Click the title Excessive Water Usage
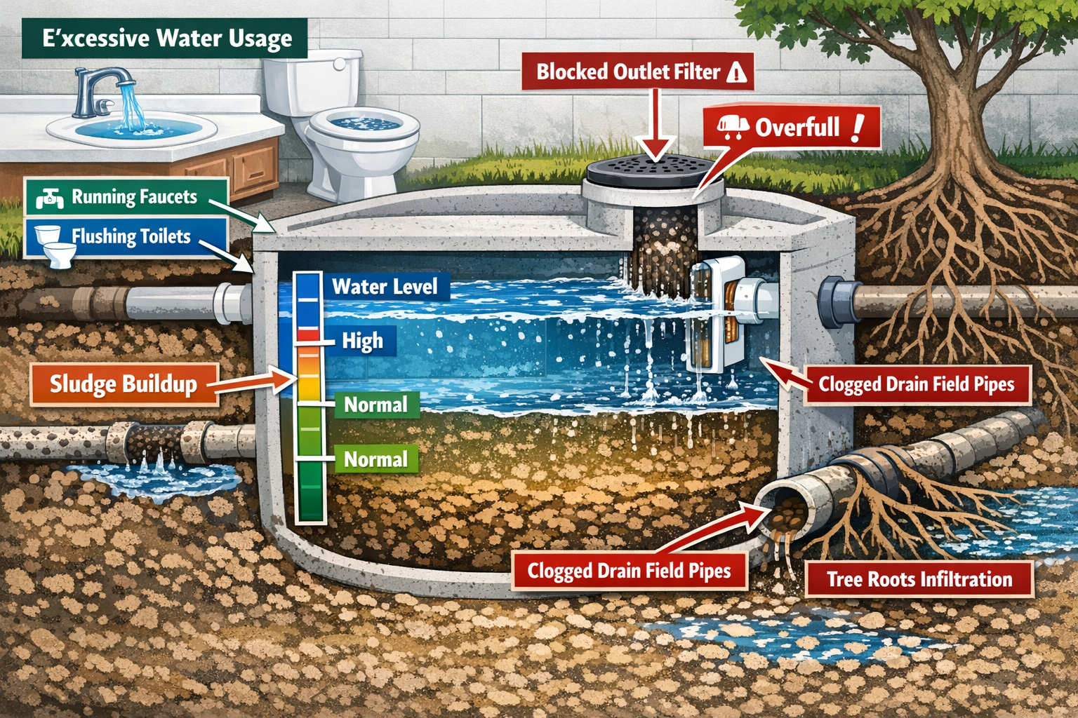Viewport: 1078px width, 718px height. click(166, 38)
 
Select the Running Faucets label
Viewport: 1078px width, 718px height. click(133, 197)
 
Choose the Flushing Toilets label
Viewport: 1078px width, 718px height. click(131, 236)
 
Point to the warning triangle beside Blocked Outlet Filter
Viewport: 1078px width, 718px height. click(736, 72)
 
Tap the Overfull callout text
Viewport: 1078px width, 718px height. click(797, 128)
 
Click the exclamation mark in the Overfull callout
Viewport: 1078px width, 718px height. click(857, 128)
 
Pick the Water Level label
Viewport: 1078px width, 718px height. click(385, 287)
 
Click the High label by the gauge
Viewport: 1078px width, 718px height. click(362, 341)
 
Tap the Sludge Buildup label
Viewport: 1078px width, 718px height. click(124, 384)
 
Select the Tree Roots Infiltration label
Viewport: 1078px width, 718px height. click(919, 579)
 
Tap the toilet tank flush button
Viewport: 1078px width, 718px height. click(340, 64)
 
